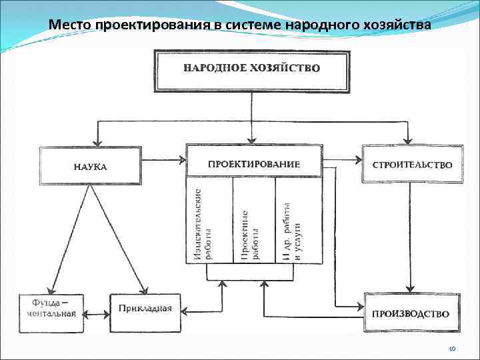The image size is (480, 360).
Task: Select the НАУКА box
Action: click(x=90, y=165)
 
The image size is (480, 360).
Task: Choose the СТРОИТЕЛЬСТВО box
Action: click(x=412, y=165)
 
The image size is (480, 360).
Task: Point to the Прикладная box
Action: click(x=145, y=309)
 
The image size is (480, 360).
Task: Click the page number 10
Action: click(x=451, y=349)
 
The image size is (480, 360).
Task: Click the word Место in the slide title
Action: click(x=71, y=25)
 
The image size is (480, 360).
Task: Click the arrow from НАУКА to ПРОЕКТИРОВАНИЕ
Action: click(x=163, y=159)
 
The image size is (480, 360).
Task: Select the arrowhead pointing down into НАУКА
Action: click(x=98, y=141)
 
